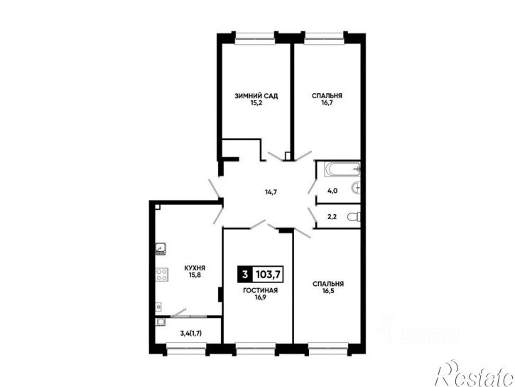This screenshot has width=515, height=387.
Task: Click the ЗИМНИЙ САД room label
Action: (256, 96)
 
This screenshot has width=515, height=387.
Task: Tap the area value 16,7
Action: (327, 103)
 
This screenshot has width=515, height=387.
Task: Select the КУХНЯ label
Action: (195, 268)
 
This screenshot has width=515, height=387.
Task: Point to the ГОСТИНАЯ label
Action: (260, 291)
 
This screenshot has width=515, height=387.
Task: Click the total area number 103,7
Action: (268, 274)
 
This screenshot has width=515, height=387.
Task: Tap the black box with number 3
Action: (245, 274)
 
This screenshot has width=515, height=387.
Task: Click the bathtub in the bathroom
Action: (342, 169)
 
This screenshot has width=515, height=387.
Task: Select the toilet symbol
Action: (354, 217)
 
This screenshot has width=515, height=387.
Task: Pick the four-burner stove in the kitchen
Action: (161, 274)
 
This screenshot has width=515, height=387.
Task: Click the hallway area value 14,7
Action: (271, 192)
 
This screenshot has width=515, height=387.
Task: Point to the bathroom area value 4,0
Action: (332, 191)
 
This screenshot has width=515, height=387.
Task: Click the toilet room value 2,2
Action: (332, 217)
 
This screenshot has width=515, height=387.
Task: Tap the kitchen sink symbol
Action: (161, 248)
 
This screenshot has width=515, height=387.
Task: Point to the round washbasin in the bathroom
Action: (356, 188)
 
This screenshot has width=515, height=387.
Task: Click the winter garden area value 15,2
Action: (256, 103)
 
